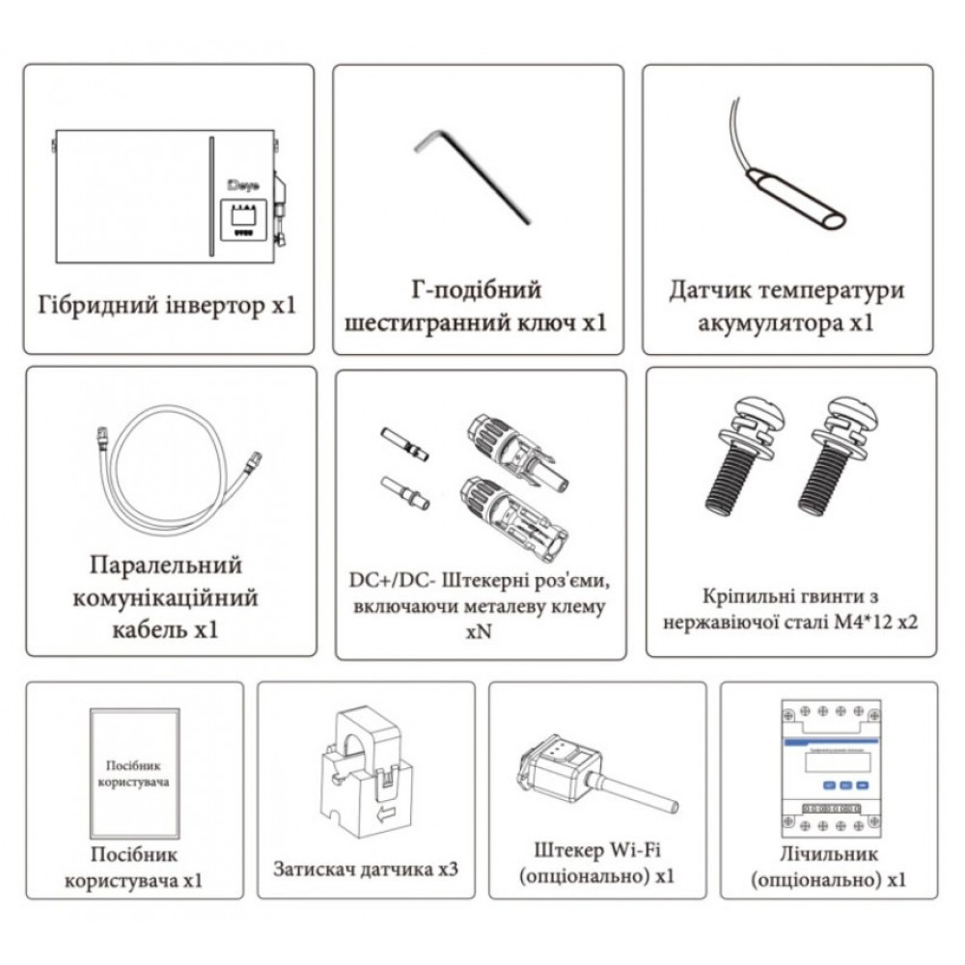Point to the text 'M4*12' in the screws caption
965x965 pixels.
pyautogui.click(x=846, y=623)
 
